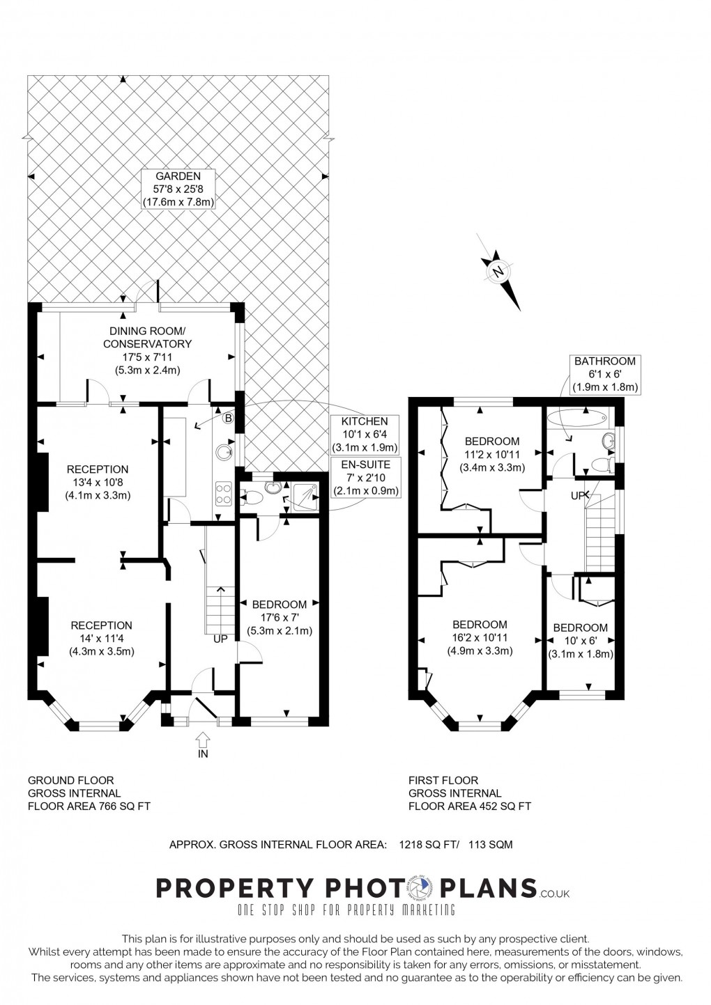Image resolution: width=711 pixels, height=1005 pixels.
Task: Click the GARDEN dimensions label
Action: (x=178, y=189)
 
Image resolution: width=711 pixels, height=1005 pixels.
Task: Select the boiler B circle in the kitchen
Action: (x=227, y=419)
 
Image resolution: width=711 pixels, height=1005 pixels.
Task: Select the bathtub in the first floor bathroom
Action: (x=577, y=419)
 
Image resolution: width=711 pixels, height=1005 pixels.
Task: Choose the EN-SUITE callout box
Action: (x=365, y=477)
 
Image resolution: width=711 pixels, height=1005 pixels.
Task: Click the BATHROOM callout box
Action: (x=604, y=374)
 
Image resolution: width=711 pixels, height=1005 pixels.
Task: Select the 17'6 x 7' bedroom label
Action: (x=279, y=618)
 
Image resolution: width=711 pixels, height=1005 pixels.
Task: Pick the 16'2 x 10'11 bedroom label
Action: (x=480, y=638)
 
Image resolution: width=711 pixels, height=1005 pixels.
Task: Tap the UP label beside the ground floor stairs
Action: (x=220, y=639)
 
